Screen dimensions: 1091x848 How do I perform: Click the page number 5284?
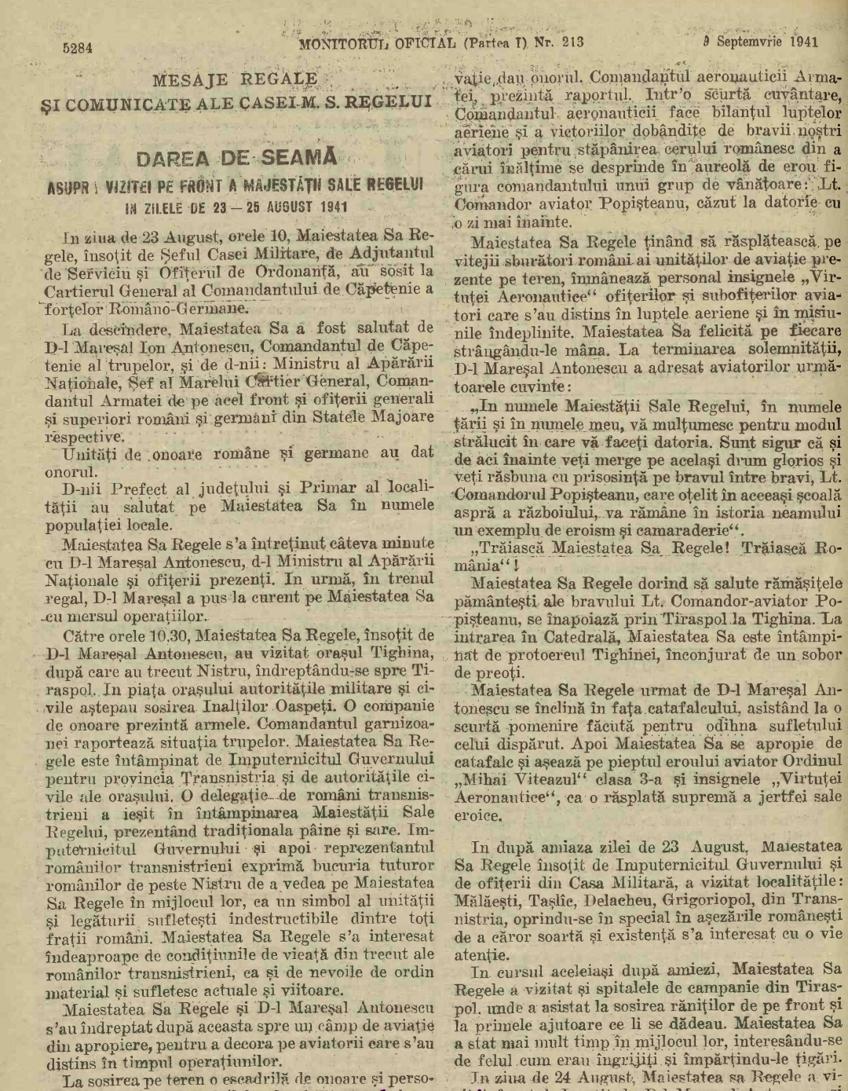[78, 48]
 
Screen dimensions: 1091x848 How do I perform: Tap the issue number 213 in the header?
[573, 42]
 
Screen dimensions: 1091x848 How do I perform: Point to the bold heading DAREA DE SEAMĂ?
[236, 158]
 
